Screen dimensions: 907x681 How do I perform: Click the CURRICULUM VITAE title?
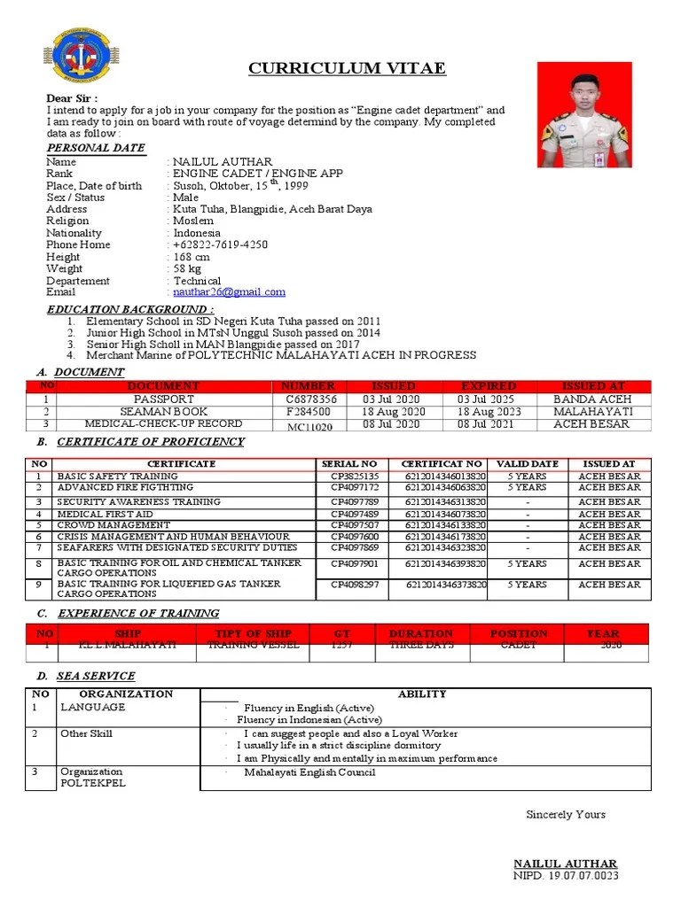pyautogui.click(x=347, y=68)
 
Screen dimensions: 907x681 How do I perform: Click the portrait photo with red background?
pyautogui.click(x=584, y=114)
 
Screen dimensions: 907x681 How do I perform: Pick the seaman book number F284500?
pyautogui.click(x=308, y=412)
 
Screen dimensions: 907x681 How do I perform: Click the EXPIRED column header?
pyautogui.click(x=489, y=386)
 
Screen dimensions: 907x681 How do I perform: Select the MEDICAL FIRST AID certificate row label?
pyautogui.click(x=106, y=514)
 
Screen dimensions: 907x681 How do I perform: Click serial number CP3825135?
pyautogui.click(x=354, y=477)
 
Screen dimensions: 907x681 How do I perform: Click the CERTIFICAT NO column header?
pyautogui.click(x=442, y=464)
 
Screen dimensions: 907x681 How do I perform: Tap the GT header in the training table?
pyautogui.click(x=342, y=634)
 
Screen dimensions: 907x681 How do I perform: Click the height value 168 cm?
pyautogui.click(x=192, y=257)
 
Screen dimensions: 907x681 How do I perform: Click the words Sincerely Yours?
pyautogui.click(x=566, y=814)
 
